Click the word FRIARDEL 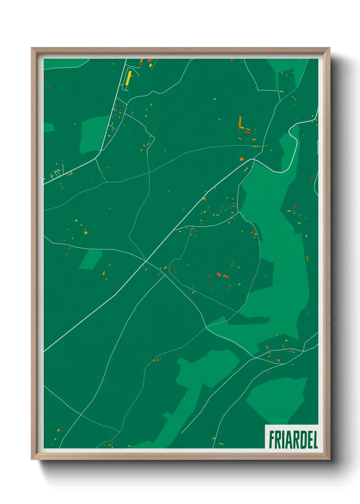293,440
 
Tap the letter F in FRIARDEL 272,440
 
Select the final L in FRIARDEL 315,440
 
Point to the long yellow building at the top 128,78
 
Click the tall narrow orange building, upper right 240,122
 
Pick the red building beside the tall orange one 247,132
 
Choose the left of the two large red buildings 219,274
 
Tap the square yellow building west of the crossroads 86,233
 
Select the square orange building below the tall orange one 241,159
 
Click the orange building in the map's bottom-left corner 58,430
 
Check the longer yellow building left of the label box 221,443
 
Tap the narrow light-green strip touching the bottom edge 170,426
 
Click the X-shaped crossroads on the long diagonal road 146,261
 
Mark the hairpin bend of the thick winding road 290,130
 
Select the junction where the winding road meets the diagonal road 252,159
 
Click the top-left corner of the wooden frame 32,48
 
